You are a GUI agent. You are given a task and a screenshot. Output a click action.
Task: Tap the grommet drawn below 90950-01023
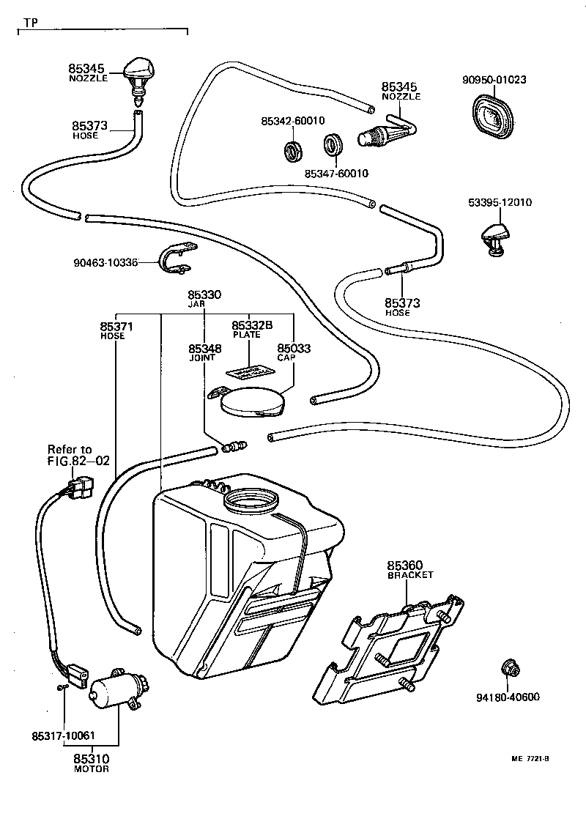point(491,117)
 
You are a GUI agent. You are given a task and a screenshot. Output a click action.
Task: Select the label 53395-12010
point(500,203)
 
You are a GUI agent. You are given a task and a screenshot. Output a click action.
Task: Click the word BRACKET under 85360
point(410,575)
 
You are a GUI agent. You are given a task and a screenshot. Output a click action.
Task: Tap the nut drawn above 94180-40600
point(508,668)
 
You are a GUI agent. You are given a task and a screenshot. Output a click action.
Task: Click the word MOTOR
point(92,769)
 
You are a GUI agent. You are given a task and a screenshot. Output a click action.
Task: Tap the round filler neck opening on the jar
point(252,502)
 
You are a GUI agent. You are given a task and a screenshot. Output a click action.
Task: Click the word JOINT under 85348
point(202,358)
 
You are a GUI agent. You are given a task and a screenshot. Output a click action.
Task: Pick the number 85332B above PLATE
point(252,325)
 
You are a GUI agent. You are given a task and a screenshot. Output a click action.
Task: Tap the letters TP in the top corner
point(30,23)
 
